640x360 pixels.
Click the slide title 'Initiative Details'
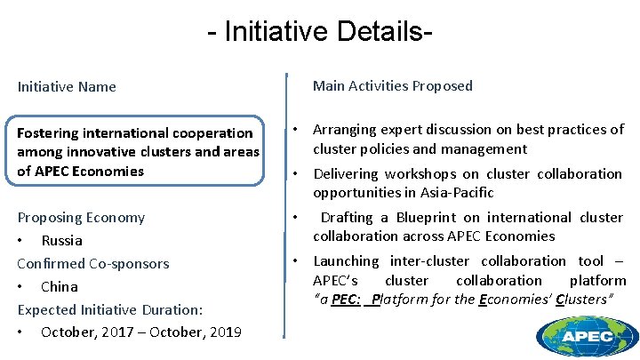[320, 32]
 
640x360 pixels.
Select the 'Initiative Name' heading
[67, 86]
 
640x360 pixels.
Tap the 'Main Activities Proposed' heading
[392, 85]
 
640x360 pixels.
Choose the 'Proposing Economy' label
[81, 217]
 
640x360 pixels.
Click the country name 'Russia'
[61, 240]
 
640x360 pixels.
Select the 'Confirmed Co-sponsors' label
[93, 263]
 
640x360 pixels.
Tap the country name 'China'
[60, 286]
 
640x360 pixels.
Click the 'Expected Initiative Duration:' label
[110, 309]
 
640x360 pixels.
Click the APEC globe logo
[587, 335]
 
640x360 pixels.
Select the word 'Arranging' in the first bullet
[346, 130]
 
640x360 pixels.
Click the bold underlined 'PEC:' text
[346, 299]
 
